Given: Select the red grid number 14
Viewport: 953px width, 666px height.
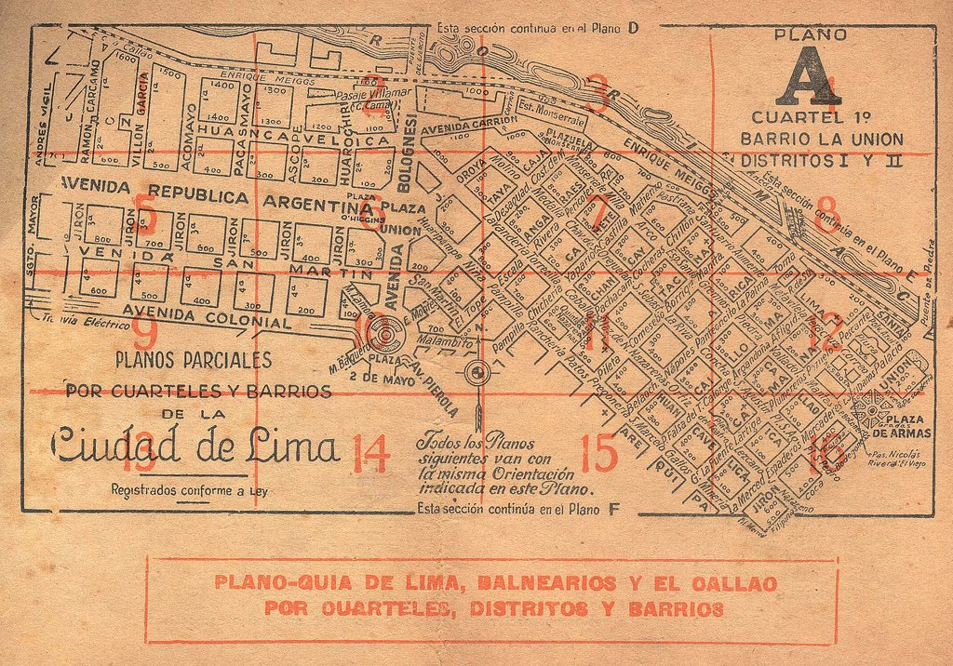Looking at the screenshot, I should (x=369, y=454).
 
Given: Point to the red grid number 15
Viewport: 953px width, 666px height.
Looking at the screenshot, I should (x=597, y=453).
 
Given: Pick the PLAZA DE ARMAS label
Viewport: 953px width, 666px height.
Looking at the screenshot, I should (x=898, y=426).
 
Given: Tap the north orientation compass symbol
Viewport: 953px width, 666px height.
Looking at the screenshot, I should (x=477, y=374).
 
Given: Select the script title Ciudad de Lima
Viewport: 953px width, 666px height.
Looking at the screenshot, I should (x=195, y=447).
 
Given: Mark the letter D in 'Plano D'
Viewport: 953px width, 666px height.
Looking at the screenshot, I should (x=633, y=28).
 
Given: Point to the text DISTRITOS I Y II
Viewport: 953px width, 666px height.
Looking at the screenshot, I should (x=810, y=160).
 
